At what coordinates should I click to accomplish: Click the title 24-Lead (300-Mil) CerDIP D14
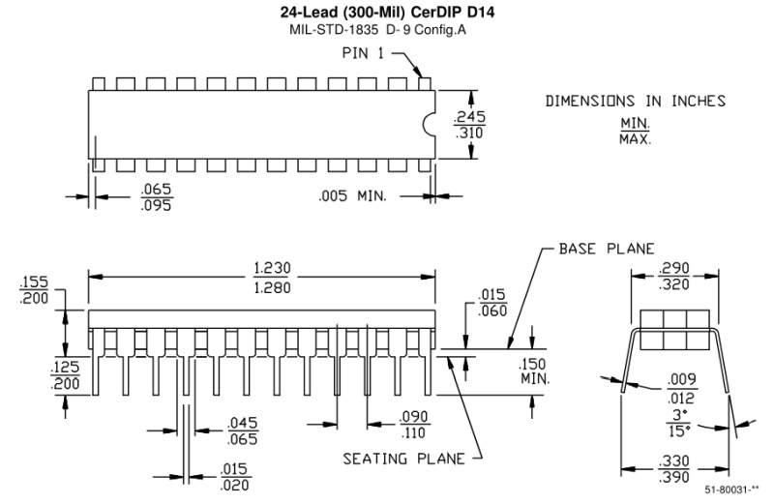(x=387, y=12)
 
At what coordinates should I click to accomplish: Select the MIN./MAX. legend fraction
(x=636, y=131)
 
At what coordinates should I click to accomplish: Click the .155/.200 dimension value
(x=33, y=289)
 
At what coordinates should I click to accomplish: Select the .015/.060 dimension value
(x=492, y=302)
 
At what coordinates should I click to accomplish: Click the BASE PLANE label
(x=607, y=248)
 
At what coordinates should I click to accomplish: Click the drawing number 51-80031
(x=732, y=491)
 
